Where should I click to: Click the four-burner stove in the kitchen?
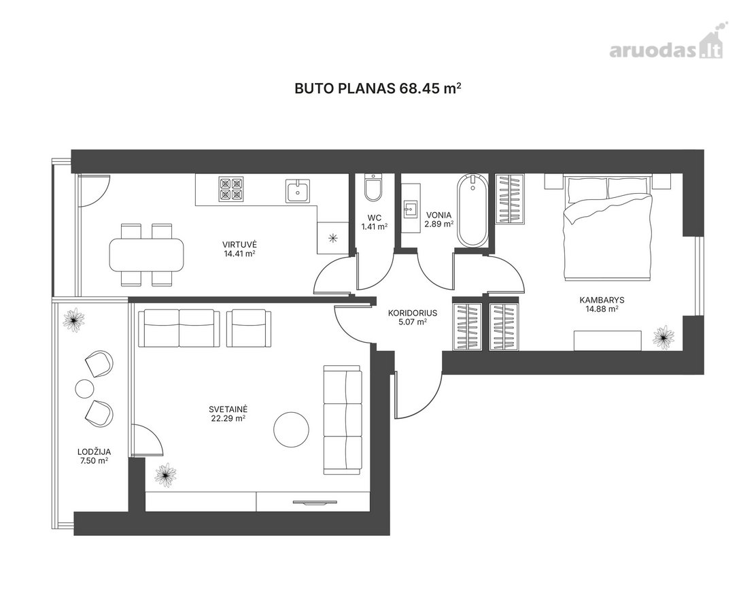231,188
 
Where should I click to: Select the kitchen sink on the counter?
298,190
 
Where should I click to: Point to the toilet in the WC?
374,188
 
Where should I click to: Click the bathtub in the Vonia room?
472,211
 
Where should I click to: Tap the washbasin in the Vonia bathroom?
411,208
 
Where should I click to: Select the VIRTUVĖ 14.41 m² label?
239,248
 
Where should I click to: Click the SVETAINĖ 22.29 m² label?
228,414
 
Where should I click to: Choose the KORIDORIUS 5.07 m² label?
412,318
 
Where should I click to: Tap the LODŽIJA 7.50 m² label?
94,456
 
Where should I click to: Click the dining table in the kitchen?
147,254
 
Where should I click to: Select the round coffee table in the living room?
292,429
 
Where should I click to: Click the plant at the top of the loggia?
73,319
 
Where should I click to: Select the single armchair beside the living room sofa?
249,328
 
